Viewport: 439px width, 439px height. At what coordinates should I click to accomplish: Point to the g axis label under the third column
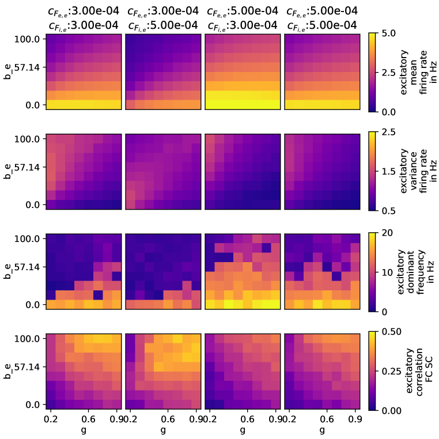tap(242, 430)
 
